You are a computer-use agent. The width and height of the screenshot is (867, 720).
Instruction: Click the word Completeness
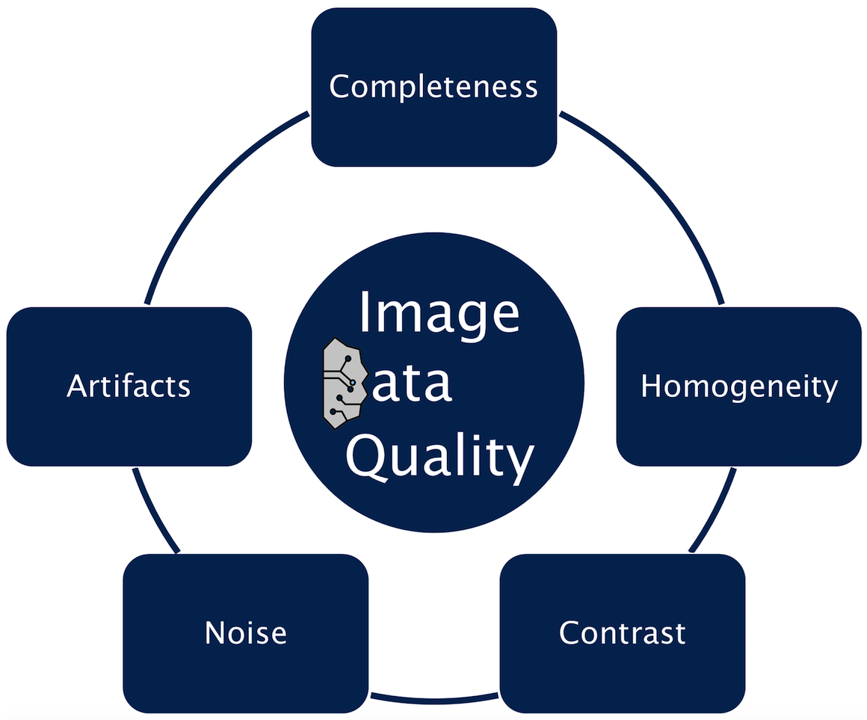point(433,87)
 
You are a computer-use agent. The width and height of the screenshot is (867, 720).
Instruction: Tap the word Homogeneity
point(739,387)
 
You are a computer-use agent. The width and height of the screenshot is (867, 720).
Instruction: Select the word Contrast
point(622,633)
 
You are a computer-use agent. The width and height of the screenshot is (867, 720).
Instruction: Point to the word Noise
point(245,633)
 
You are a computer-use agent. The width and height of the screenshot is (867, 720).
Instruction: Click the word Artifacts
point(129,387)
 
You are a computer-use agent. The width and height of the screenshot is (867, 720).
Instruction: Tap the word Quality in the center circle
point(440,458)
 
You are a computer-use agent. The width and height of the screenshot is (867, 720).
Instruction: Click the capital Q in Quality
point(367,458)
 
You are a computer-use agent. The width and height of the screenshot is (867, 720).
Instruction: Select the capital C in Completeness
point(340,87)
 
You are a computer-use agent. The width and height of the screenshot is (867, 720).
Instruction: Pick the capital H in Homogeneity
point(651,386)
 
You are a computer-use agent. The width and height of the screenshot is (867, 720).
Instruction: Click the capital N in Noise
point(215,633)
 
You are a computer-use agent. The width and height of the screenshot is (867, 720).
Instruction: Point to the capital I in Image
point(365,312)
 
